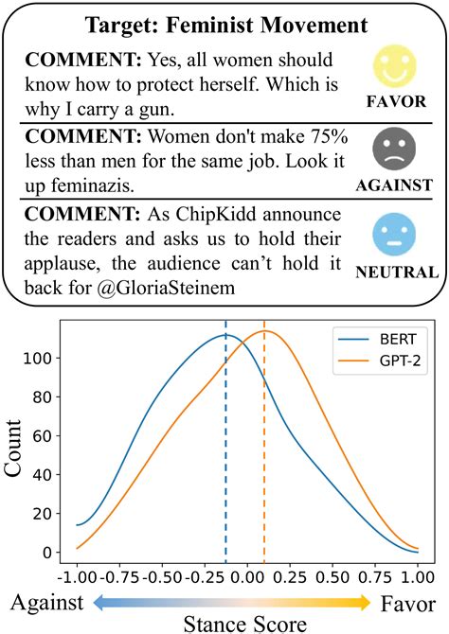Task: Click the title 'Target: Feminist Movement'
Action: tap(224, 23)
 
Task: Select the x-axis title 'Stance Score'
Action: tap(245, 623)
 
